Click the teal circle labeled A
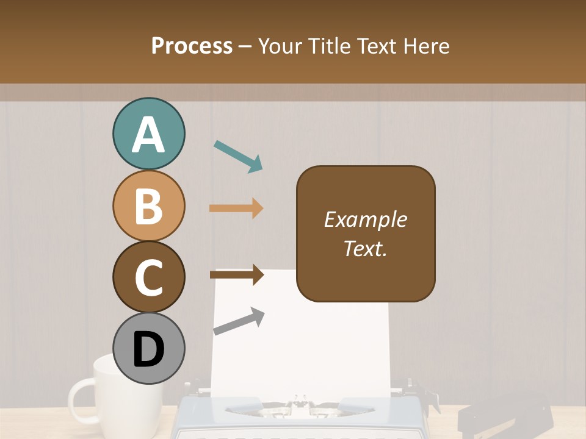[148, 134]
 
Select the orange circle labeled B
[148, 205]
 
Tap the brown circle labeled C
[148, 277]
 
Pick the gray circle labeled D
[148, 348]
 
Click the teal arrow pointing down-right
[238, 156]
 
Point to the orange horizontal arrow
[236, 209]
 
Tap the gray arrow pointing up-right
[239, 322]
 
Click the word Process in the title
[192, 46]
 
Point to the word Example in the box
[365, 220]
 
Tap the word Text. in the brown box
[365, 248]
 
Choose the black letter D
[148, 350]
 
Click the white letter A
[148, 135]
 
